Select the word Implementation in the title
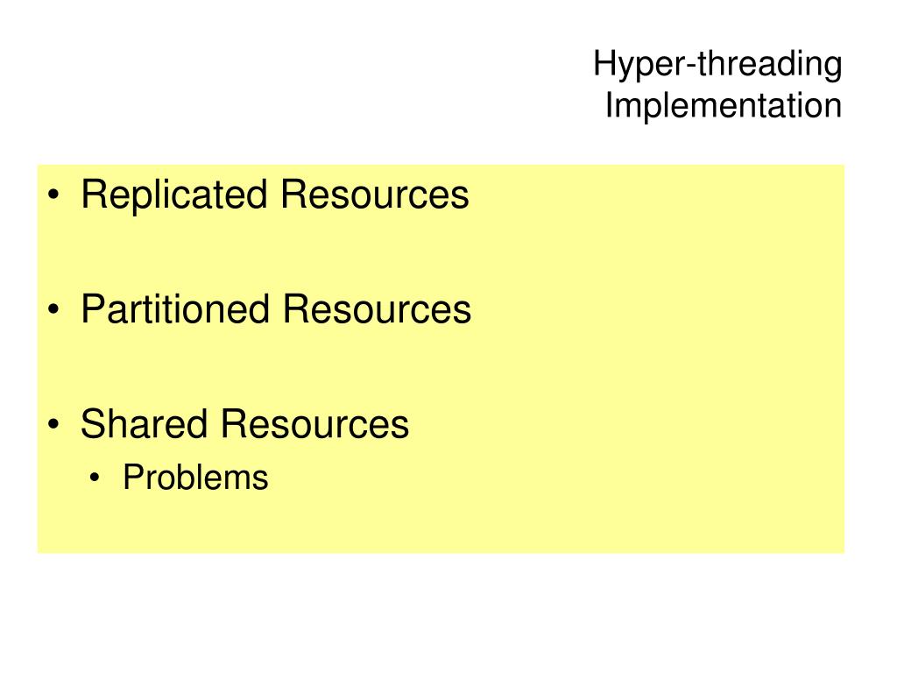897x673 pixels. [723, 106]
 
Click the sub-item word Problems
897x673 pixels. [195, 478]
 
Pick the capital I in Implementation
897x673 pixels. [610, 105]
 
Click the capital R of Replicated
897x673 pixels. [92, 195]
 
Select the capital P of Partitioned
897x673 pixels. [91, 309]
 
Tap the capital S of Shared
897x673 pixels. [92, 424]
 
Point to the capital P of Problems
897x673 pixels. [131, 478]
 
